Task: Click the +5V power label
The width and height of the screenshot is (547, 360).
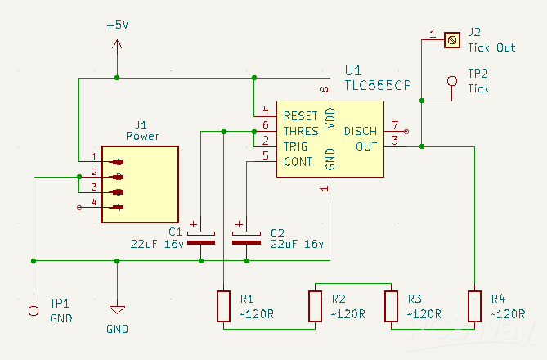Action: pos(118,25)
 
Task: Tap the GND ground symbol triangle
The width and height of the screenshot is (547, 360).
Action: pos(117,310)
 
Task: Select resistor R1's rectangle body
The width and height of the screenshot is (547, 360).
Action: pos(223,306)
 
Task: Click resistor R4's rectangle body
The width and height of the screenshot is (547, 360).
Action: pos(474,306)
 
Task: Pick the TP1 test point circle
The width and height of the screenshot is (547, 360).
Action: pos(34,310)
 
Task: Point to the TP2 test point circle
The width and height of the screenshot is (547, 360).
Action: pos(452,81)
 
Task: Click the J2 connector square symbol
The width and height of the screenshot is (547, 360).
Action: pos(452,40)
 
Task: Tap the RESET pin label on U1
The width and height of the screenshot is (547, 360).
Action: pos(300,116)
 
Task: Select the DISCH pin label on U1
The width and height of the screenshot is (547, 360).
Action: pos(361,131)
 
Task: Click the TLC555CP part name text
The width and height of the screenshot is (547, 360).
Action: pos(378,86)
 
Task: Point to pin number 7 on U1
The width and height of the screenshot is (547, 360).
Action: pos(395,125)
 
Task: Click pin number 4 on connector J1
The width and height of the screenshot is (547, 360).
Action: pos(94,202)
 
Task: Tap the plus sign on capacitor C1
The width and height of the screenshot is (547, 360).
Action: pos(193,224)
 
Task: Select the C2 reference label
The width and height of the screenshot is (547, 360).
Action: pos(277,233)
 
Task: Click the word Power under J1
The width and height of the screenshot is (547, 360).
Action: pos(142,136)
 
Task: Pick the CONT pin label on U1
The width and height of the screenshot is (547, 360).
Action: pos(298,162)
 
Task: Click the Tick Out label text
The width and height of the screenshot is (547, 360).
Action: pos(491,47)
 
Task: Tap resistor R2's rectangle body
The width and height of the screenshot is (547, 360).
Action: pos(315,306)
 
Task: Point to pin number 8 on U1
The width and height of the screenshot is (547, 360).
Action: pos(324,90)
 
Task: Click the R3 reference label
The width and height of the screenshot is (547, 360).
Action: pos(415,299)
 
